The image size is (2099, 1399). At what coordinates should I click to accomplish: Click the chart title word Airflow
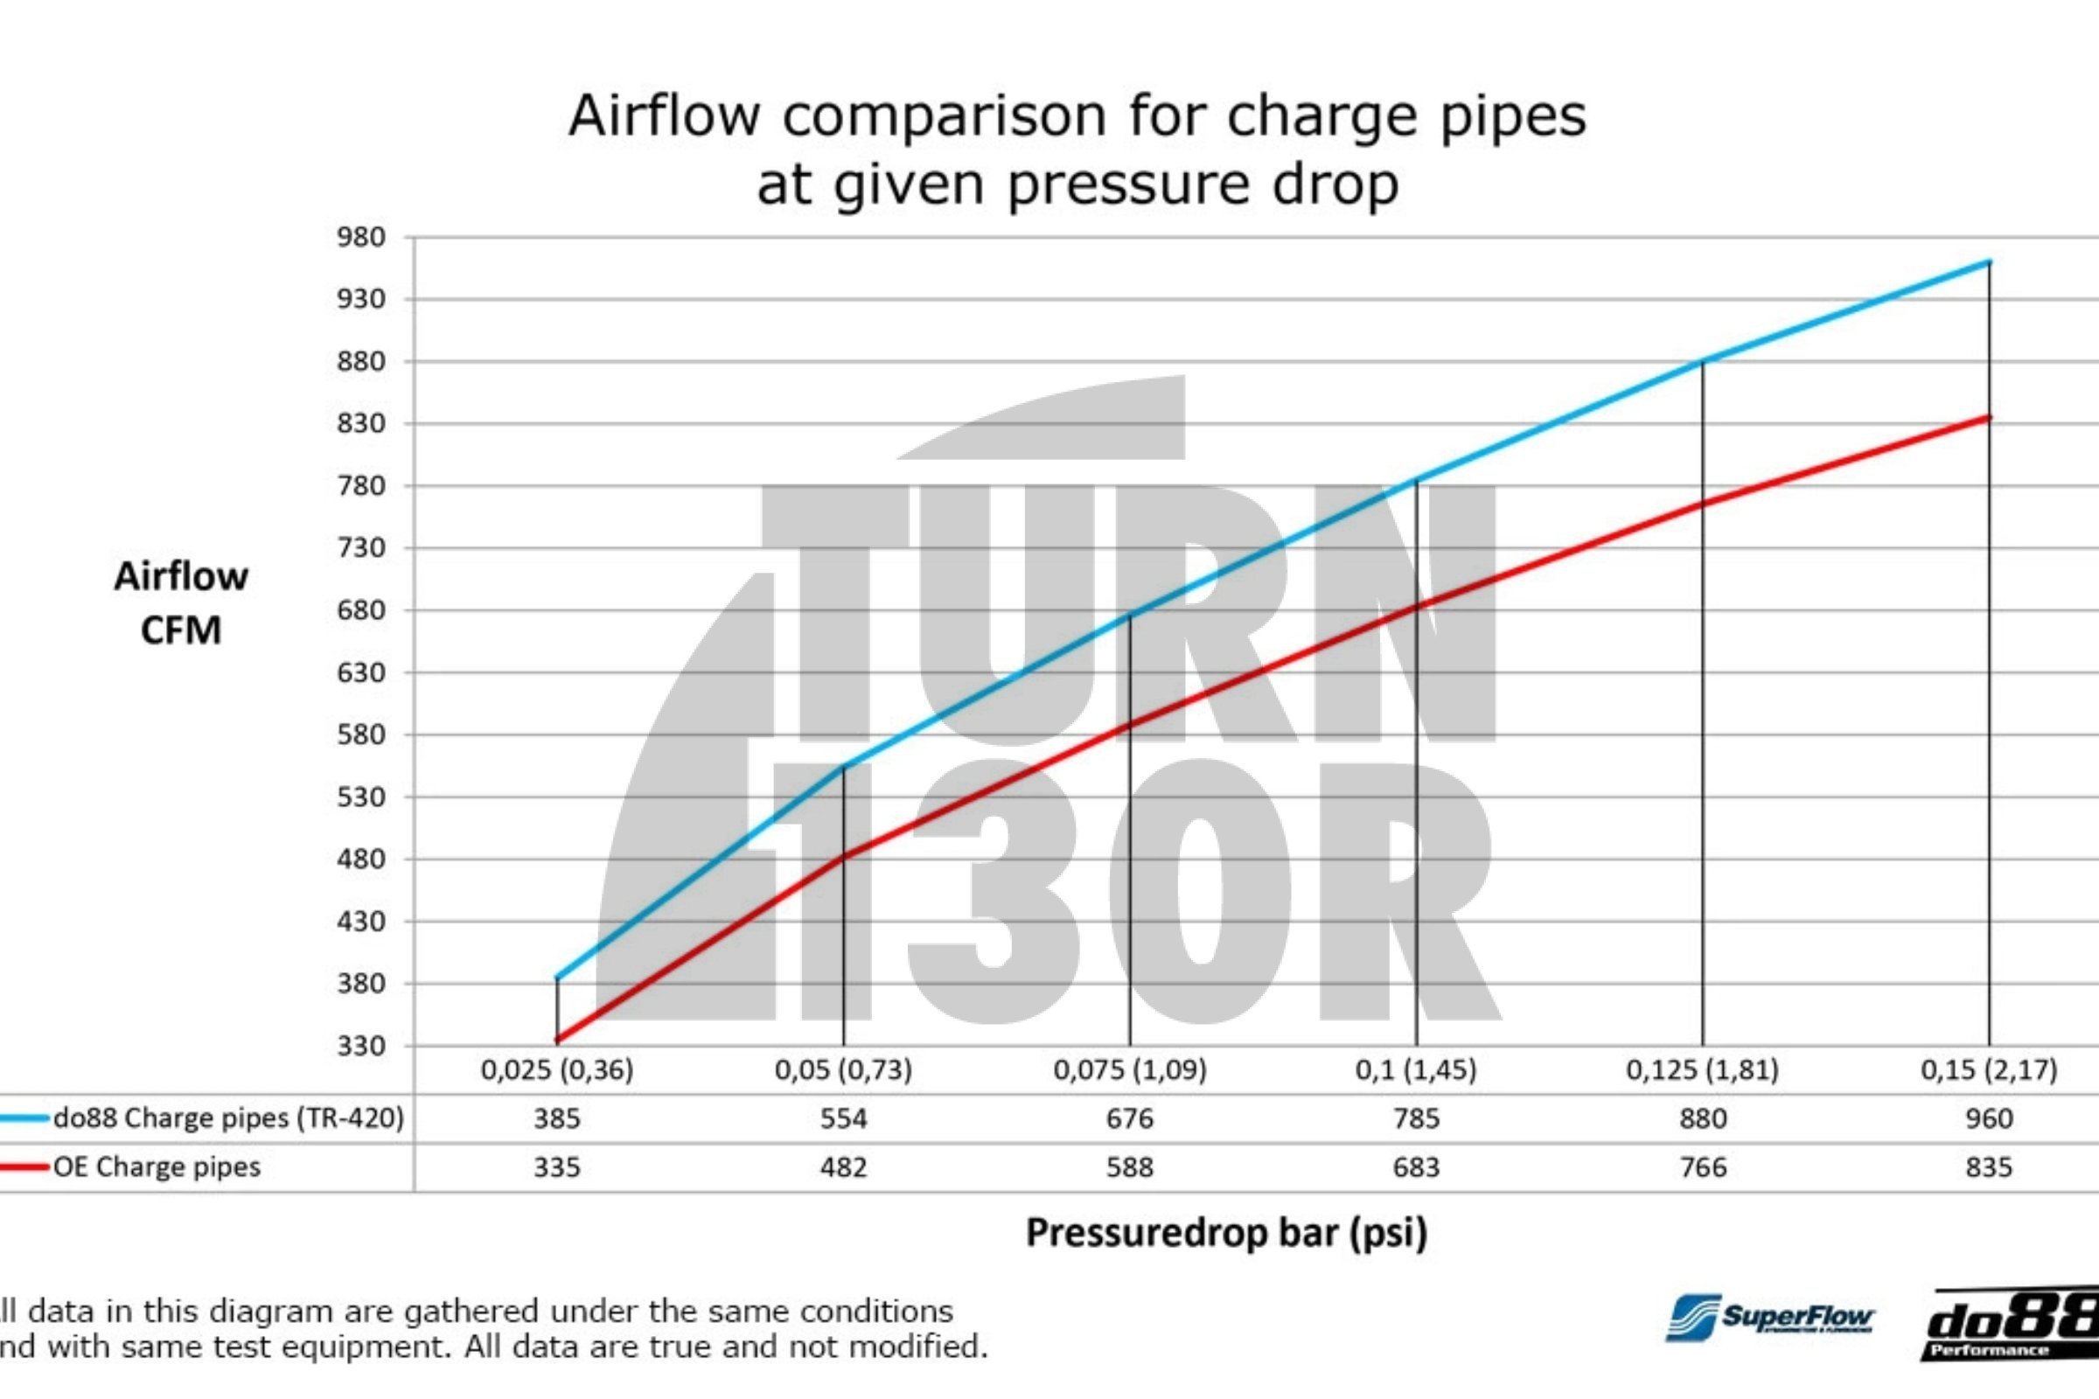click(x=664, y=116)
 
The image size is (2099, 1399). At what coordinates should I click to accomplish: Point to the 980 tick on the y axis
click(x=360, y=237)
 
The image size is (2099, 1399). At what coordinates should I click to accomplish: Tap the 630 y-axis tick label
click(x=360, y=672)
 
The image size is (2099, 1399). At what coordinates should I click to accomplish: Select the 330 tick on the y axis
click(x=360, y=1045)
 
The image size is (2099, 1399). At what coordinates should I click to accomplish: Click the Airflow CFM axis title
click(x=181, y=602)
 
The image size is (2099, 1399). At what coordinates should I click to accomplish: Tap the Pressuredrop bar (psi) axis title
click(x=1226, y=1232)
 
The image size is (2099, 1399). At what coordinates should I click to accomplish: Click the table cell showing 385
click(x=557, y=1118)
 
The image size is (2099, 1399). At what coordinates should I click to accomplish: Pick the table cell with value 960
click(x=1988, y=1118)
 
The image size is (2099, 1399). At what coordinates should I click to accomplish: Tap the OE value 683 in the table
click(x=1416, y=1167)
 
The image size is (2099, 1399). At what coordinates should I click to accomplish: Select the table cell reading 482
click(x=843, y=1167)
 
